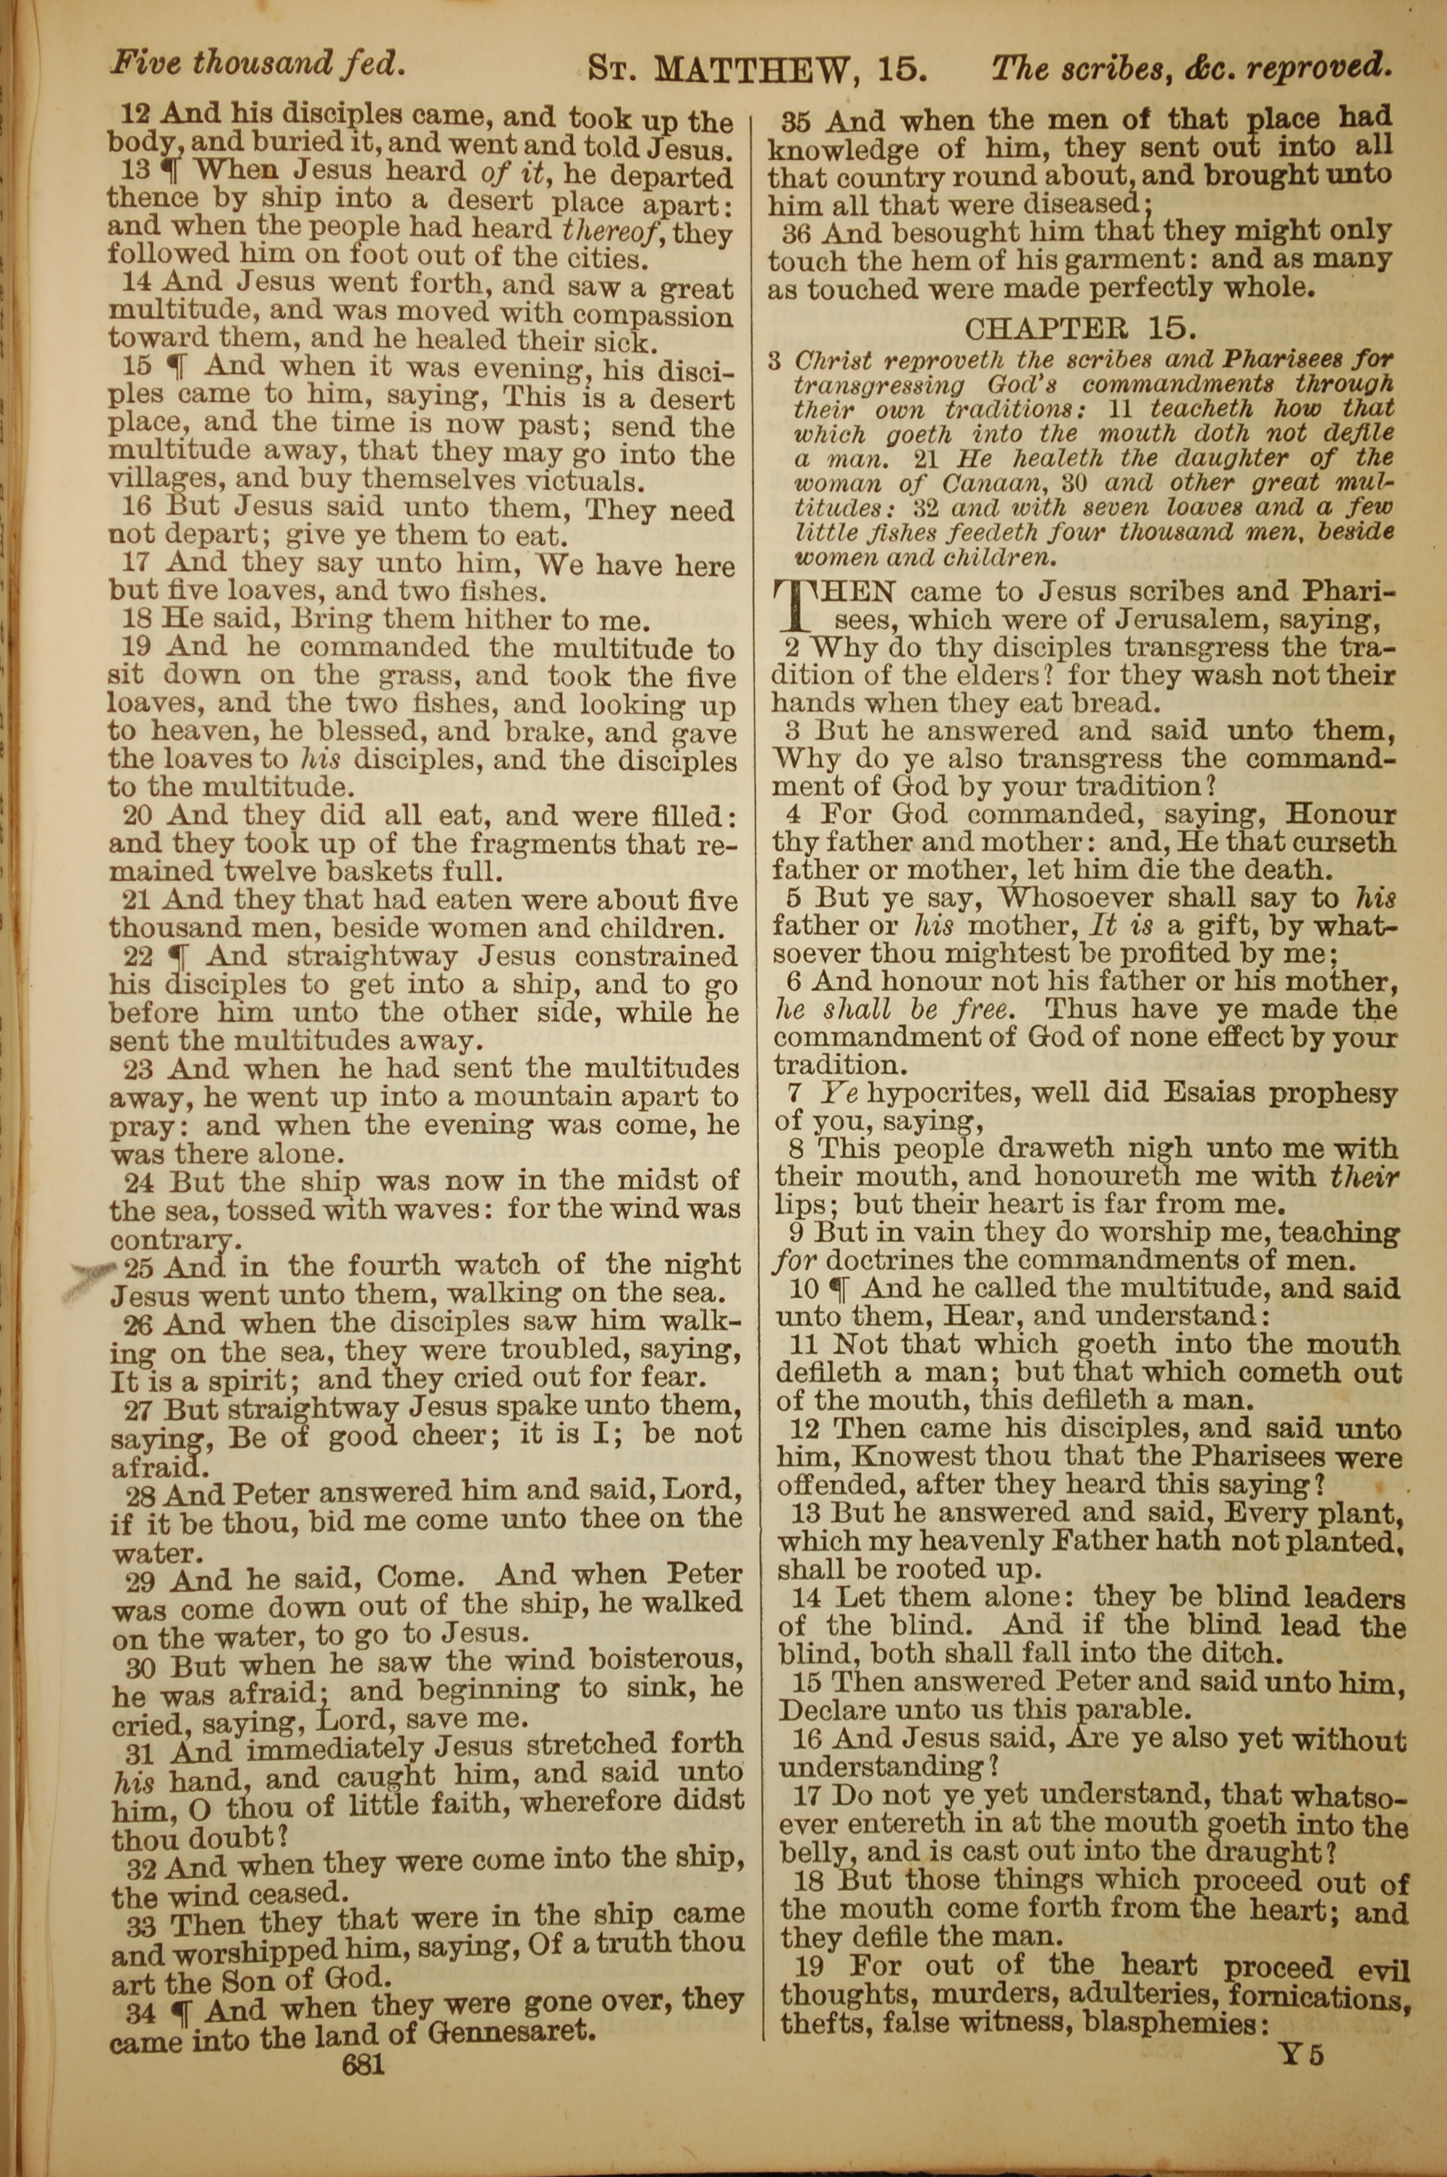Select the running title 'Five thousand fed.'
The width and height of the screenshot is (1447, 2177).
click(258, 63)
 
